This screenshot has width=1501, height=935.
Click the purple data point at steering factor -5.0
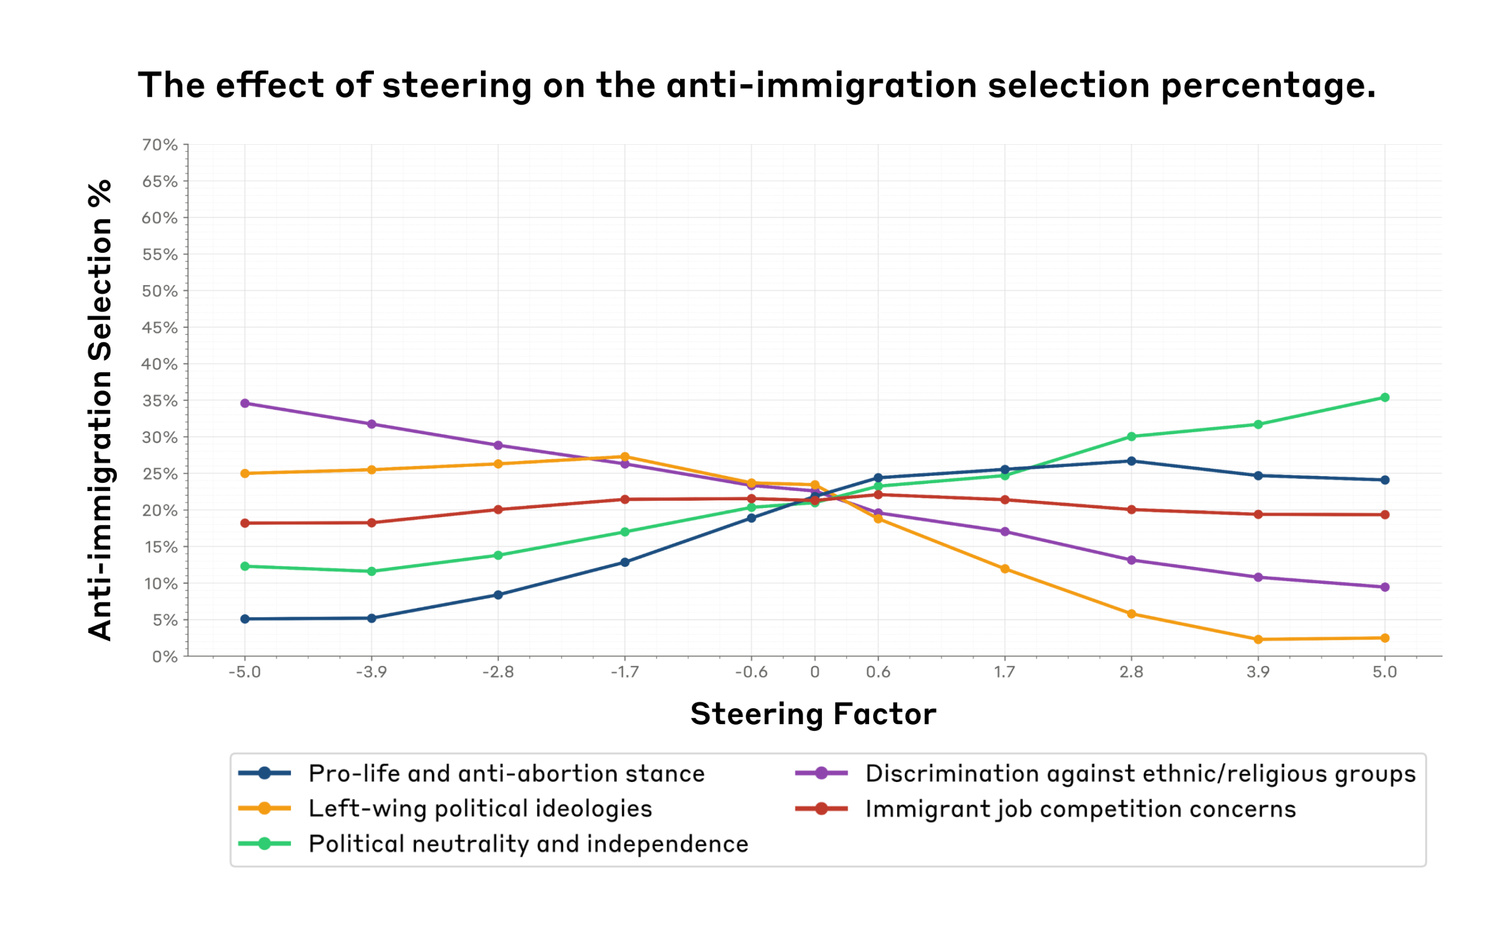(x=245, y=403)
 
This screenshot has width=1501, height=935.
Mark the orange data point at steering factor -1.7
(x=625, y=457)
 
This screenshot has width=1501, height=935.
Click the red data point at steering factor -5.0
(x=245, y=523)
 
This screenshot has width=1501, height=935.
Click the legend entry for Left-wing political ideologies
(x=480, y=809)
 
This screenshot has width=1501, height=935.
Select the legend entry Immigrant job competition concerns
(x=1081, y=809)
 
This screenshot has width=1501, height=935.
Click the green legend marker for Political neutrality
(x=265, y=844)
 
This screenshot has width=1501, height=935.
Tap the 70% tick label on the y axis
(x=160, y=145)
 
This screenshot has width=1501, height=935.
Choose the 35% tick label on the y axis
(x=160, y=401)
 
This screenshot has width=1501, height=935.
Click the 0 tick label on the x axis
(x=815, y=672)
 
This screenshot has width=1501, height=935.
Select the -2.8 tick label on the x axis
(x=498, y=672)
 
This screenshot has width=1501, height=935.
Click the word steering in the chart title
(x=457, y=86)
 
